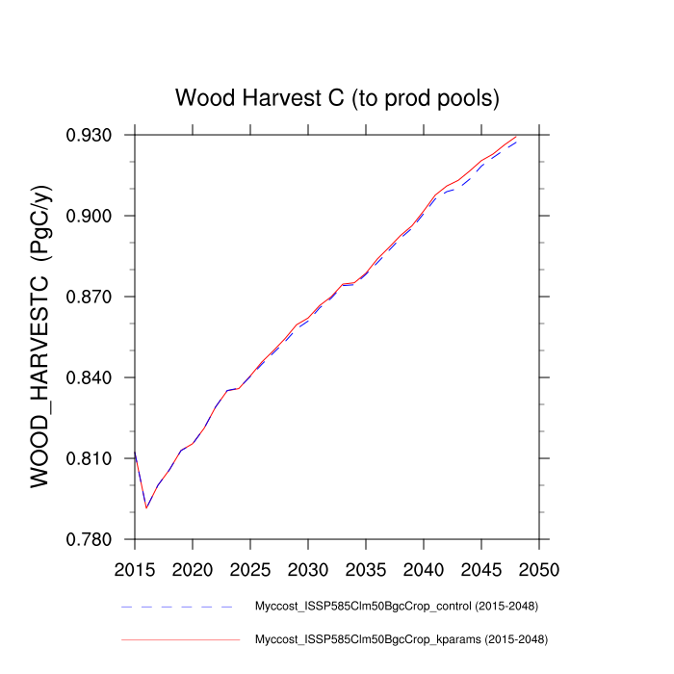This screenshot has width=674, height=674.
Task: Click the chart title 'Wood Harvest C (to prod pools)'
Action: coord(336,98)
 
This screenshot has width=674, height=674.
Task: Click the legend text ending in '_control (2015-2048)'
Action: coord(395,607)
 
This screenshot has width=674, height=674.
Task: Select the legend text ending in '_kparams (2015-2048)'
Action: coord(401,638)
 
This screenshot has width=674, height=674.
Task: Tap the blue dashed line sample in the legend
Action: coord(179,608)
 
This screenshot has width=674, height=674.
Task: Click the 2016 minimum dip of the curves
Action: coord(146,507)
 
